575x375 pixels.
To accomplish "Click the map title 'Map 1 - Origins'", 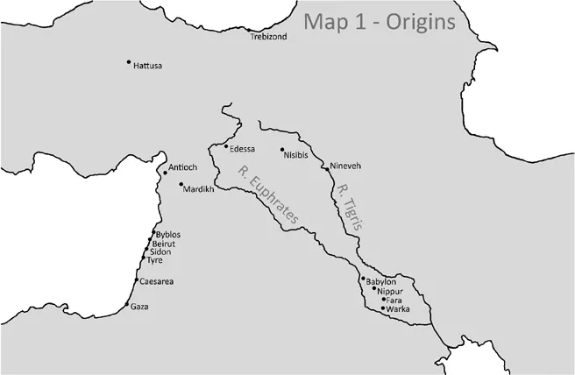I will (380, 21).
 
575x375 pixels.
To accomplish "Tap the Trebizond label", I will (268, 38).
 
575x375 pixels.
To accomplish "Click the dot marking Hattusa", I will (129, 61).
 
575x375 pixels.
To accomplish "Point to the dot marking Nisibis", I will (281, 150).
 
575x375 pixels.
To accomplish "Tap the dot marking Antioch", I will (165, 173).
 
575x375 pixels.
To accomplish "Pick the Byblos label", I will (168, 235).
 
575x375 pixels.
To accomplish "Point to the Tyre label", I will (154, 260).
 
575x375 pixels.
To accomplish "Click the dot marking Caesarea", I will (136, 279).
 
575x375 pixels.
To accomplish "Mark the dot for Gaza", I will (128, 305).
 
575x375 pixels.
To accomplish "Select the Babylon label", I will (382, 281).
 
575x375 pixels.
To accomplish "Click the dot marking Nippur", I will (374, 288).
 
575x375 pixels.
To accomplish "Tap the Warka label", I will (398, 309).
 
